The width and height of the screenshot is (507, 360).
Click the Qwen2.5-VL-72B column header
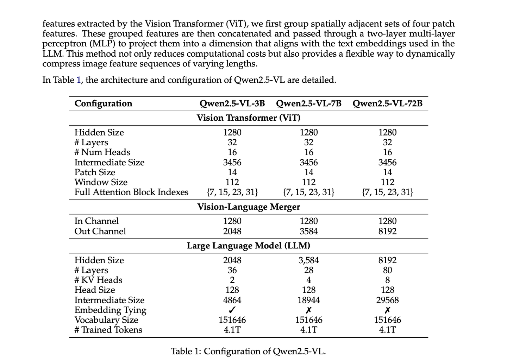point(387,103)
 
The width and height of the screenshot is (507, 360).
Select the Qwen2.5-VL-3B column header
point(232,103)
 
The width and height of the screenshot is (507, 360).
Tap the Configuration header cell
point(103,103)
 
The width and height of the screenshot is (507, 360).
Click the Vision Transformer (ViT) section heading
point(249,118)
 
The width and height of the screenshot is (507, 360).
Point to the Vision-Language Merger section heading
point(249,207)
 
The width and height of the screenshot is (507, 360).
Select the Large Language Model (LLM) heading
point(249,246)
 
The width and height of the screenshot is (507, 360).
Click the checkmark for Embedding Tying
point(232,310)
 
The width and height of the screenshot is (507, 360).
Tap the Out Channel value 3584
point(308,231)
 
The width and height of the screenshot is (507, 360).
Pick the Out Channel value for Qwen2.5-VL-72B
point(387,231)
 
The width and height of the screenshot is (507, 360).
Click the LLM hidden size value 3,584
point(308,260)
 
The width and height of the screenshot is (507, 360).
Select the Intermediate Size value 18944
point(308,300)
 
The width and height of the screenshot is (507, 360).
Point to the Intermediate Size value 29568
point(387,300)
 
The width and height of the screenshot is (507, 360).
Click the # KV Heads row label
point(98,280)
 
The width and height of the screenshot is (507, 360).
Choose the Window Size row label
point(101,182)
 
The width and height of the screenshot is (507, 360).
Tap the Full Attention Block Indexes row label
point(131,192)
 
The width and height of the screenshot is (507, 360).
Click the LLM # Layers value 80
point(387,270)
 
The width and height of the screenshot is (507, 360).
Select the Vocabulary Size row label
point(106,320)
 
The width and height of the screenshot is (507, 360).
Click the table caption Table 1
point(248,351)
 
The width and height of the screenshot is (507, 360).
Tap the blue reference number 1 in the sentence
point(78,80)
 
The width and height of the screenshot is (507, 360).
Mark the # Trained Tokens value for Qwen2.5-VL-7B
point(308,330)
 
